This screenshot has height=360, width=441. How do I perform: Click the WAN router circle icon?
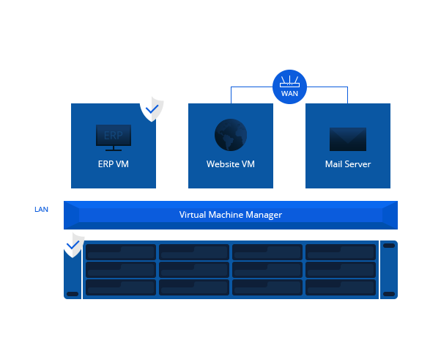point(289,87)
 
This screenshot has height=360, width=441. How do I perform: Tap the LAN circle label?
point(41,209)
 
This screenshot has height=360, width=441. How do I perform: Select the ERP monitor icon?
point(114,137)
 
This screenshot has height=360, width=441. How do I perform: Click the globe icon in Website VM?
point(230,136)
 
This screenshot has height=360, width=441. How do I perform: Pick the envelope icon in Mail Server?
point(348,139)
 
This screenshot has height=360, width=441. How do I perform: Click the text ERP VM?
point(113,164)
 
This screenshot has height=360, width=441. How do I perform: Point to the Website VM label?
point(231,164)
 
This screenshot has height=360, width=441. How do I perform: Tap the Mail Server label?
point(348,164)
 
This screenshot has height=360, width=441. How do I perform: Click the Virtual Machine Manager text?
point(231,215)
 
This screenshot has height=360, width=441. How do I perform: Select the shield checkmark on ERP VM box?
point(152,109)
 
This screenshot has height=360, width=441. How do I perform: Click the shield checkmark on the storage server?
point(73,244)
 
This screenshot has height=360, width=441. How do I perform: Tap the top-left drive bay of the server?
point(121,252)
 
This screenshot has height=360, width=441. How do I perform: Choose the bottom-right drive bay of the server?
point(340,287)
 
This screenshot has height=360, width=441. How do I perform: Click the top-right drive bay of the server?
point(340,252)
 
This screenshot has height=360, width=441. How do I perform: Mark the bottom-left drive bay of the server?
point(121,287)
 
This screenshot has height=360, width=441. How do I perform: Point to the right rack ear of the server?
point(389,269)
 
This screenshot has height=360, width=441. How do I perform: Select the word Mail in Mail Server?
point(333,164)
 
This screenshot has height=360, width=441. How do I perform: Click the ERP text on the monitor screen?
point(114,136)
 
